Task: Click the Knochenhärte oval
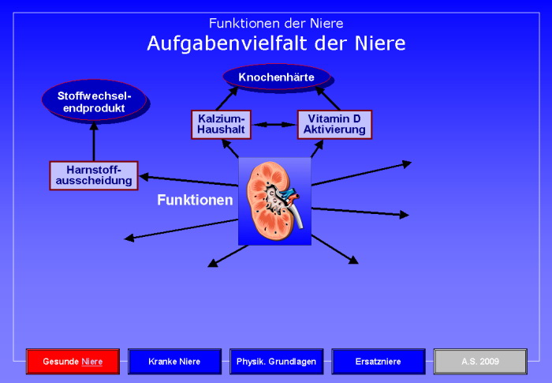pyautogui.click(x=276, y=77)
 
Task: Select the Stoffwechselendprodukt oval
pyautogui.click(x=94, y=101)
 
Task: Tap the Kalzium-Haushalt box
pyautogui.click(x=221, y=124)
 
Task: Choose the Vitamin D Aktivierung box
pyautogui.click(x=334, y=124)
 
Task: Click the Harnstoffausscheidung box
pyautogui.click(x=93, y=175)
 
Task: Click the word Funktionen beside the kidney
pyautogui.click(x=195, y=200)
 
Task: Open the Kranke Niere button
pyautogui.click(x=174, y=362)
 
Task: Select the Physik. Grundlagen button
pyautogui.click(x=276, y=362)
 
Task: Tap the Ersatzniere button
pyautogui.click(x=378, y=362)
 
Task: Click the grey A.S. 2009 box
pyautogui.click(x=479, y=362)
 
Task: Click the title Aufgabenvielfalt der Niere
pyautogui.click(x=276, y=43)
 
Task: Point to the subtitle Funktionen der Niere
pyautogui.click(x=276, y=23)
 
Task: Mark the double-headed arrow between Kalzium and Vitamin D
pyautogui.click(x=274, y=124)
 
